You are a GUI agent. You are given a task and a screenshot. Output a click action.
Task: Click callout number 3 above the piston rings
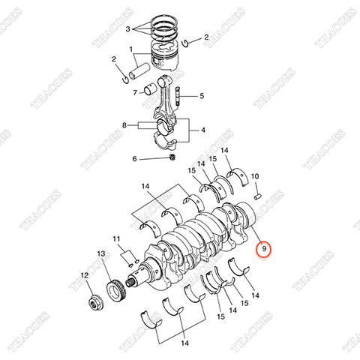pos(129,29)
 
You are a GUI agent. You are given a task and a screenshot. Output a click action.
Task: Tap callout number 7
pos(136,93)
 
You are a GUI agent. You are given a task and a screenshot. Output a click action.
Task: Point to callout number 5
pos(201,95)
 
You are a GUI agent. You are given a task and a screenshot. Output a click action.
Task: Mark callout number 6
pos(135,159)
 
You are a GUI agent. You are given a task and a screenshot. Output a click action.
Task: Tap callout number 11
pos(116,239)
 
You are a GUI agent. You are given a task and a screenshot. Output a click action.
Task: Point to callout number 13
pos(100,255)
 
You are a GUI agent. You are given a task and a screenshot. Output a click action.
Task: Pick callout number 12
pos(84,276)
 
